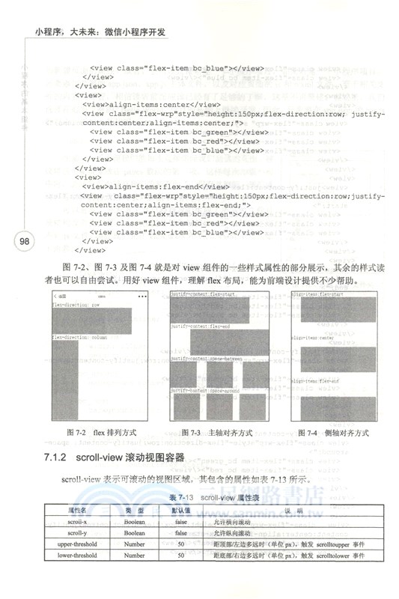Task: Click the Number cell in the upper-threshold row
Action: (x=135, y=544)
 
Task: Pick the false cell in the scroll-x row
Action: (x=181, y=521)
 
